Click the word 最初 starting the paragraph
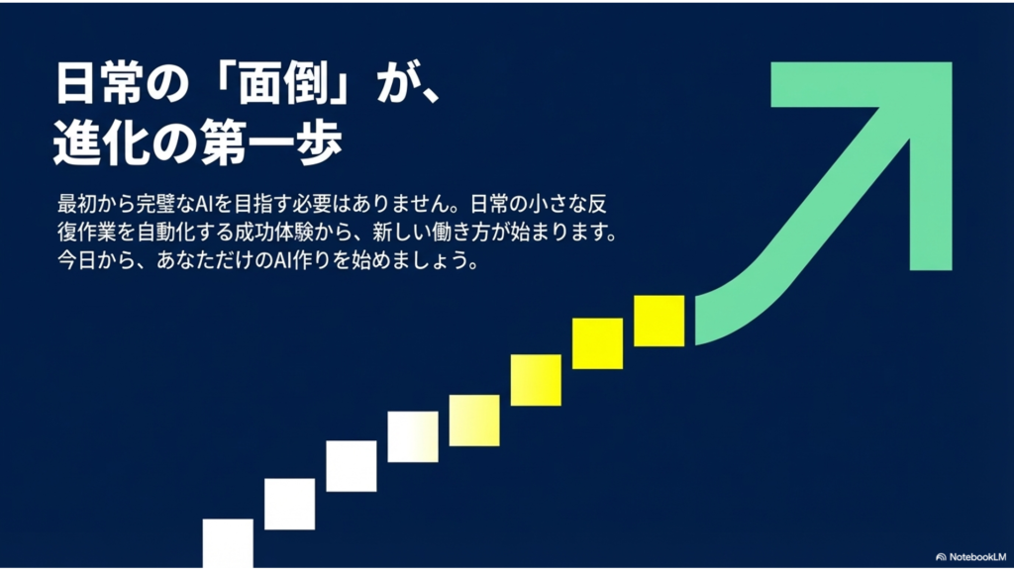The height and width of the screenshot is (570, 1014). [76, 204]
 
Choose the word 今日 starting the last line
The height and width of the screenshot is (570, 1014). [76, 261]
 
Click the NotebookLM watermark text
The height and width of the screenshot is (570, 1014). [977, 557]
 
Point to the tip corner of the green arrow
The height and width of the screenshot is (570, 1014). [952, 62]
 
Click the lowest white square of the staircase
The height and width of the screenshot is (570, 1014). [228, 543]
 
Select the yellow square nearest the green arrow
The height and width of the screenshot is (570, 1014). [659, 321]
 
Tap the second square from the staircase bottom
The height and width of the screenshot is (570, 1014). [290, 504]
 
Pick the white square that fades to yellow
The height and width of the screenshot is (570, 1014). [413, 436]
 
